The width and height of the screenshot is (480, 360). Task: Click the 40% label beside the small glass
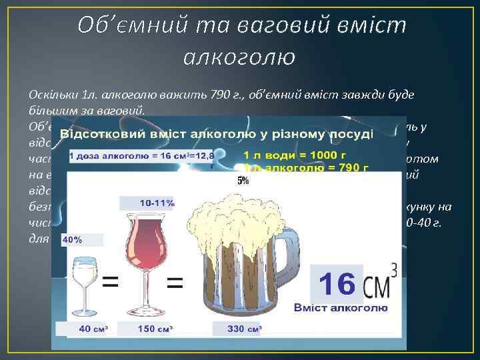coord(73,239)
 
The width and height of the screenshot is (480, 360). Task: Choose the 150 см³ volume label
coord(151,329)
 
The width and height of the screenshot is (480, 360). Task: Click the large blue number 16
coord(336,283)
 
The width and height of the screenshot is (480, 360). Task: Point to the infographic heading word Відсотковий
coord(101,134)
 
